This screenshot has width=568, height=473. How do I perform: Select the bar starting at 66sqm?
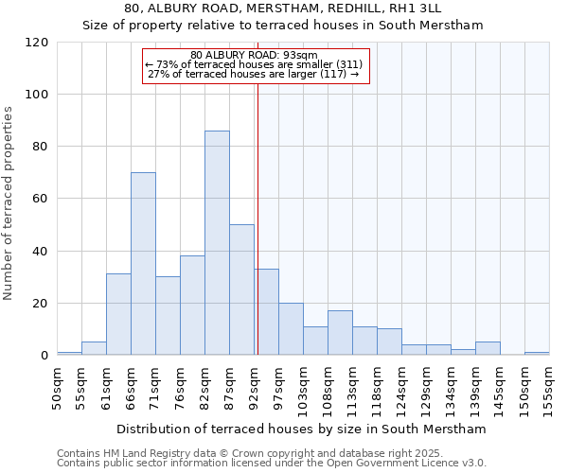[x=143, y=264]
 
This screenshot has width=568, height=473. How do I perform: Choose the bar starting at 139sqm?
[x=488, y=348]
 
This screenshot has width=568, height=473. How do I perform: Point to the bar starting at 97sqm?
[x=291, y=329]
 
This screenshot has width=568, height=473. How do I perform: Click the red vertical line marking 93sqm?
[x=257, y=218]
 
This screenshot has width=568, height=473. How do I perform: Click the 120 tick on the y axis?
[x=37, y=43]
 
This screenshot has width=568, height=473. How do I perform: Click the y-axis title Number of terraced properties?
[x=9, y=203]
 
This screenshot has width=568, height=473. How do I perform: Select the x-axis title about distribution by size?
[x=302, y=429]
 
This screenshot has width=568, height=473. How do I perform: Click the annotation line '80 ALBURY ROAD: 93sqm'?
[x=254, y=55]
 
